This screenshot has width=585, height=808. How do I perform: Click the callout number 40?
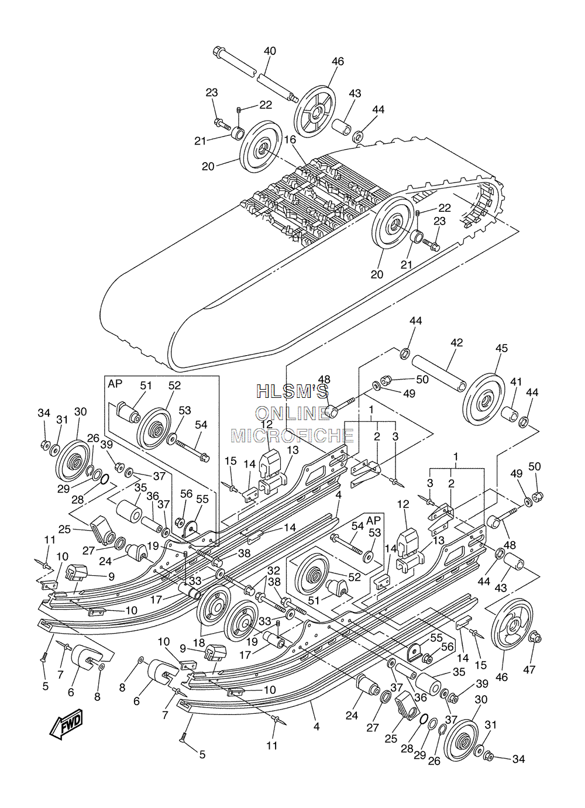click(x=270, y=51)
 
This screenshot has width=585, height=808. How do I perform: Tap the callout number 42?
click(x=457, y=342)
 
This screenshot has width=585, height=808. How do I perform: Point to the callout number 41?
click(x=516, y=381)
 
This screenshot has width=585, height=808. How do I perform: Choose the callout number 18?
click(x=199, y=643)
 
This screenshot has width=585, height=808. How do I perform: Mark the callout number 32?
click(x=274, y=570)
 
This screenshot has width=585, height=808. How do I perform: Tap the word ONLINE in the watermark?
click(x=292, y=414)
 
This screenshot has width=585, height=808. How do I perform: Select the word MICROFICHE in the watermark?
click(x=292, y=435)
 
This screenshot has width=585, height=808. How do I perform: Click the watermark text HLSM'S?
click(x=292, y=391)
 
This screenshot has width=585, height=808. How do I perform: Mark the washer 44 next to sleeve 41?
click(x=524, y=421)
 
